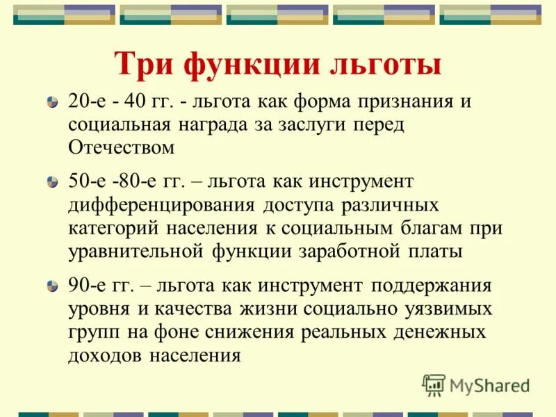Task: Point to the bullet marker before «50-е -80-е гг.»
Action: pos(52,183)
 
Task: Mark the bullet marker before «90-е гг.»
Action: pos(52,286)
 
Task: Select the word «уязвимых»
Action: pos(452,309)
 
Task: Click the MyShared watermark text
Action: pos(489,384)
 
